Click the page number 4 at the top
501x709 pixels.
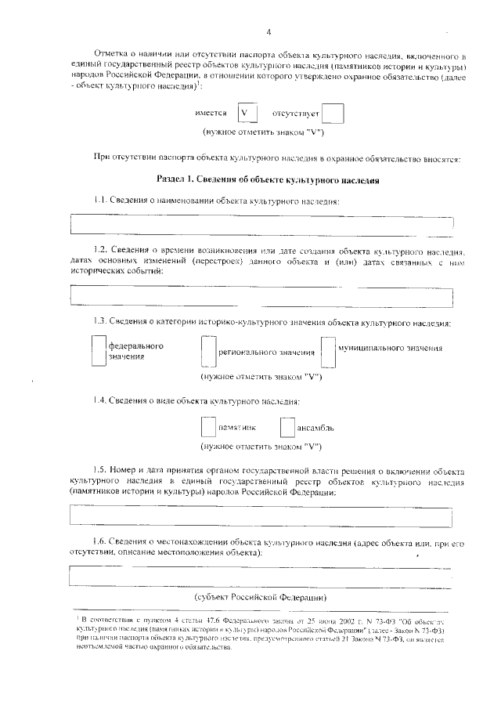(x=268, y=32)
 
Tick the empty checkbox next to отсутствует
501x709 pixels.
(x=333, y=114)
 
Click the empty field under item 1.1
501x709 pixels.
(x=261, y=224)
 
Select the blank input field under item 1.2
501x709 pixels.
(x=261, y=296)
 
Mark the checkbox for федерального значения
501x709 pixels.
(x=98, y=351)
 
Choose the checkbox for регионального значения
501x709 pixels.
(x=208, y=353)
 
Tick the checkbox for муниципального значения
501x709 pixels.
(x=328, y=353)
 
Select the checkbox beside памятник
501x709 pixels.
(x=207, y=428)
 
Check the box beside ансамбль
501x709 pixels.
(x=287, y=428)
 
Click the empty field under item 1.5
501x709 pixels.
(x=261, y=516)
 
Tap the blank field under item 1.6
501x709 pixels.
(x=261, y=576)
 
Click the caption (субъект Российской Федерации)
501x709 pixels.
(x=261, y=597)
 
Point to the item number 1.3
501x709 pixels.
(x=99, y=322)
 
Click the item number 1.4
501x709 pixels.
(x=99, y=401)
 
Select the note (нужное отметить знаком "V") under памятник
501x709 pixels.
(x=261, y=447)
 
